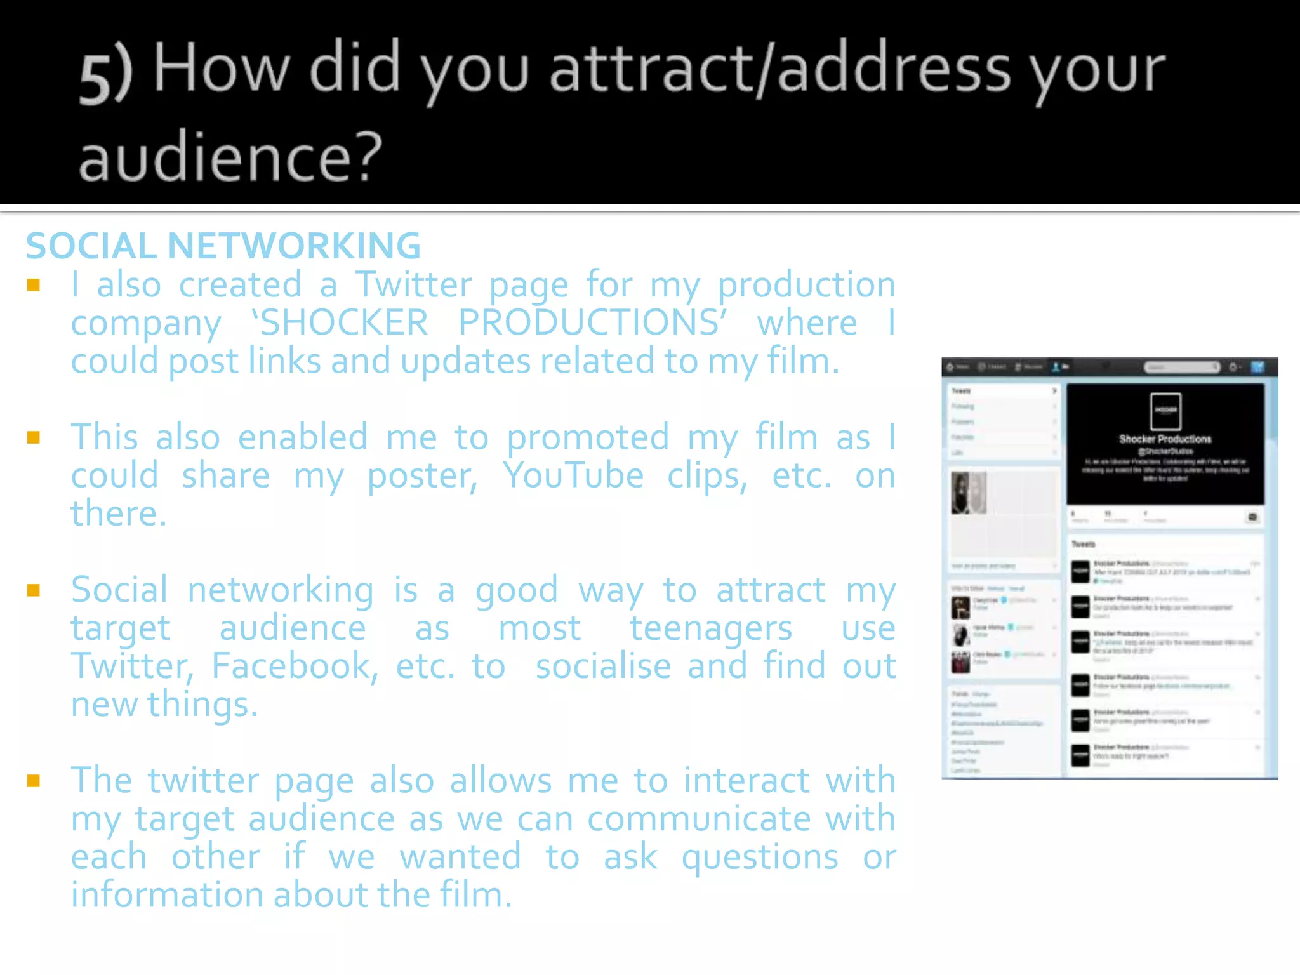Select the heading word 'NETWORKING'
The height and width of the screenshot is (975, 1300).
pyautogui.click(x=294, y=246)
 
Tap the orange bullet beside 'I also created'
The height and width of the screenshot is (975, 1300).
pyautogui.click(x=34, y=285)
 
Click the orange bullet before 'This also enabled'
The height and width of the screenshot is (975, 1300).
pyautogui.click(x=34, y=437)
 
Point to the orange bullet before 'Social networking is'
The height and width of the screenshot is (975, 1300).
pyautogui.click(x=34, y=590)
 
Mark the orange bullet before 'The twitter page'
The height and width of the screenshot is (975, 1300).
pyautogui.click(x=34, y=781)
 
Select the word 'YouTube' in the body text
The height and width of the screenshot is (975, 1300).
pyautogui.click(x=573, y=475)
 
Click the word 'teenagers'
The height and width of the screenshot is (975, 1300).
pyautogui.click(x=711, y=628)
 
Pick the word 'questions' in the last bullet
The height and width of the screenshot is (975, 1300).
pyautogui.click(x=760, y=857)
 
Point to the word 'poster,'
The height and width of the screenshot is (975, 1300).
pyautogui.click(x=423, y=475)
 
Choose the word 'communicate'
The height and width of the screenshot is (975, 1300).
pyautogui.click(x=699, y=819)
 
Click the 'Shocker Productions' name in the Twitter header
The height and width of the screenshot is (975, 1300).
pyautogui.click(x=1165, y=439)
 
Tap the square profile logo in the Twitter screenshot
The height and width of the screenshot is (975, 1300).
pyautogui.click(x=1165, y=411)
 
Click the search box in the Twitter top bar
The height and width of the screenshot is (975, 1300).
pyautogui.click(x=1181, y=367)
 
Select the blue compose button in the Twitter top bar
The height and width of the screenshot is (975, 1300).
pyautogui.click(x=1257, y=367)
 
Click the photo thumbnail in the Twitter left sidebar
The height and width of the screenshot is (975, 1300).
pyautogui.click(x=969, y=493)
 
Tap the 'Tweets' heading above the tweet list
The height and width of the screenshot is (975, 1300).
pyautogui.click(x=1084, y=544)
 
